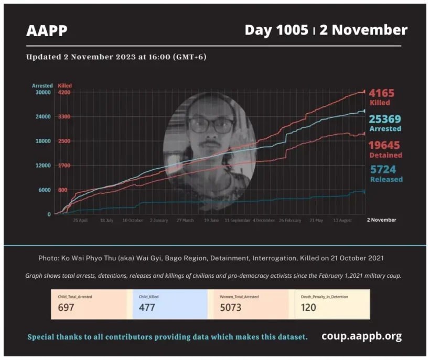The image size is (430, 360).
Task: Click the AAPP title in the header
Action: pos(47,31)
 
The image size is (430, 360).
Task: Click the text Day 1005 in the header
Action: pos(276,30)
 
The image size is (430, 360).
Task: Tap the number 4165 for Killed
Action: pos(381,93)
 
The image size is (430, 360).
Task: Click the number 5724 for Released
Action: pos(383,169)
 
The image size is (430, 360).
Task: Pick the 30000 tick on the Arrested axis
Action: pos(42,92)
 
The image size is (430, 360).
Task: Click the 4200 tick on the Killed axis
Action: pos(64,92)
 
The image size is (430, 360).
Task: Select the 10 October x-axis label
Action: pos(133,221)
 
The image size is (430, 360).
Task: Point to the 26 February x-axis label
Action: pos(290,221)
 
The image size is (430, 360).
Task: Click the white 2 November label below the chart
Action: pos(381,220)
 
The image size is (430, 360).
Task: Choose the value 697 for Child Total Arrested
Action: pos(66,308)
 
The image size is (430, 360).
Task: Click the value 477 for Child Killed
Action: pos(147,308)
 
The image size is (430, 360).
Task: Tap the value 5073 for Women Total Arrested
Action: pos(231,308)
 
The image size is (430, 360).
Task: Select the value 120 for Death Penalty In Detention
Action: pos(308,308)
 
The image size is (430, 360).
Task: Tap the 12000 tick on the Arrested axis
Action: pos(42,166)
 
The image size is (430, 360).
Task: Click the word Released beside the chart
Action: pos(386,179)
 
